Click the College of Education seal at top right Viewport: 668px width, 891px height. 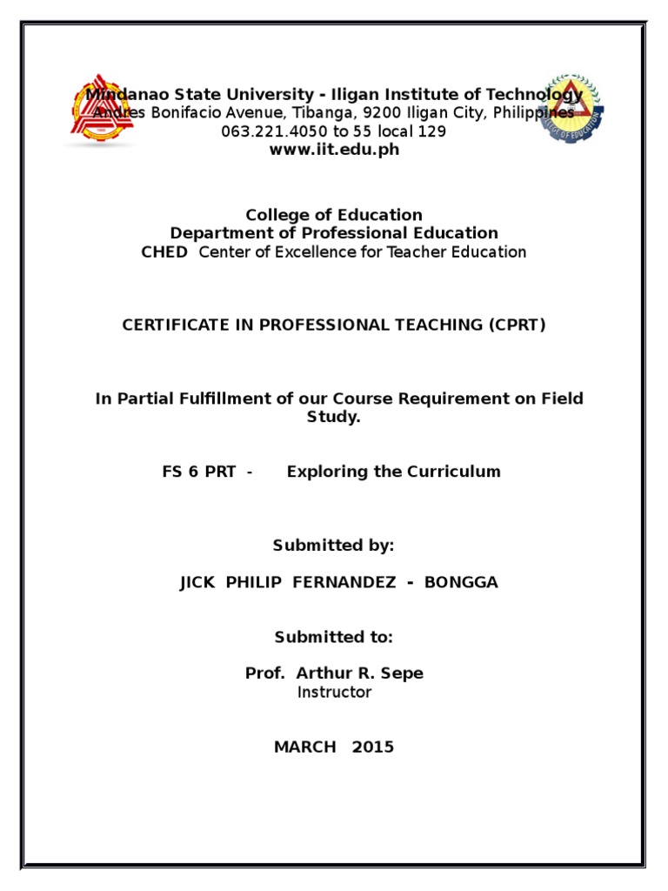coord(567,109)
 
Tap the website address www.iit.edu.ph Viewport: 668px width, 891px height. coord(334,150)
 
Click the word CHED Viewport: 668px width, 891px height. coord(164,252)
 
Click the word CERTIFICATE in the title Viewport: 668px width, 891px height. coord(170,325)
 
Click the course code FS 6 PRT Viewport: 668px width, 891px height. coord(199,472)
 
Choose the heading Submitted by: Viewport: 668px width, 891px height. coord(334,546)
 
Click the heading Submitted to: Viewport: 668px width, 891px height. coord(334,637)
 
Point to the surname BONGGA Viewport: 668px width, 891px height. coord(461,582)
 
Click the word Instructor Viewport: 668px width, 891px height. coord(334,693)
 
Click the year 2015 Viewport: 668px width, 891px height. coord(373,747)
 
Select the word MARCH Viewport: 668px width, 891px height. coord(304,747)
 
